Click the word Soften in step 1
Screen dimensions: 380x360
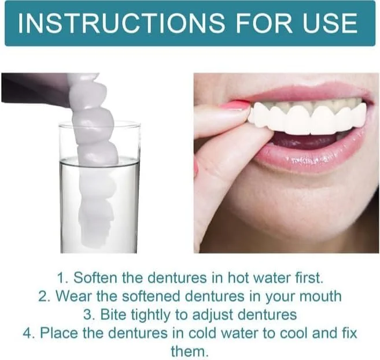tap(95, 277)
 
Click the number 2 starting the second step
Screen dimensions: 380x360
tap(42, 296)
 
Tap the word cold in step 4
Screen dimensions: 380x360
tap(202, 333)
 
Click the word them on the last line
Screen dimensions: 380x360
tap(190, 351)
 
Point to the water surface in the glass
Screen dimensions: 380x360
tap(99, 161)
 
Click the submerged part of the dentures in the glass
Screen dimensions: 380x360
tap(97, 206)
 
